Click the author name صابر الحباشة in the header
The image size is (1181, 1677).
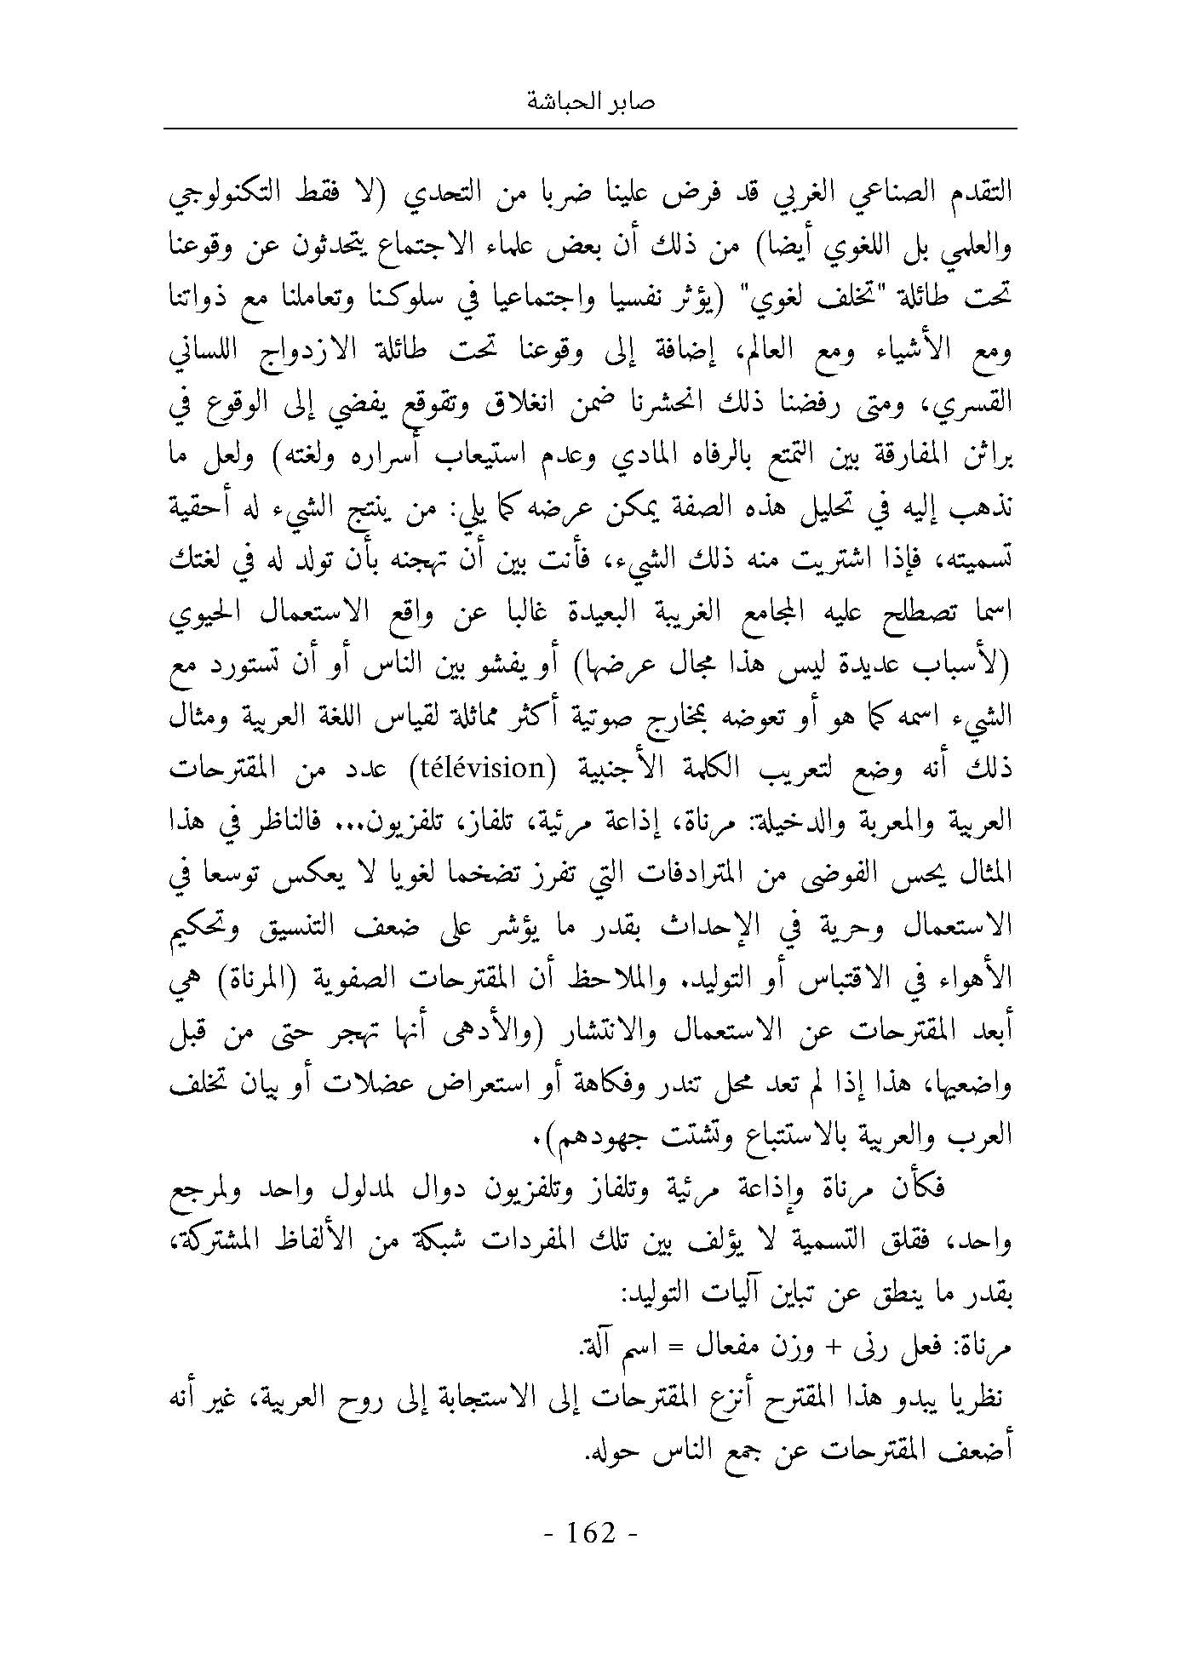click(x=591, y=103)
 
